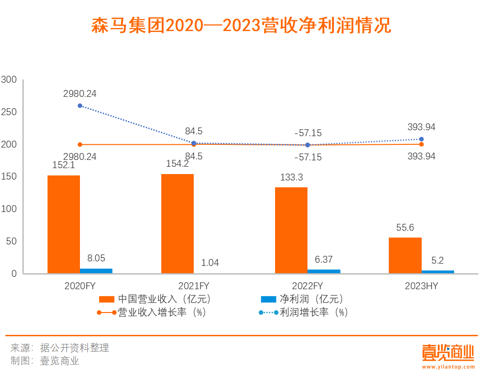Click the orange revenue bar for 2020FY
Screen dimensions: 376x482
64,224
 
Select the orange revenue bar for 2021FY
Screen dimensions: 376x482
177,224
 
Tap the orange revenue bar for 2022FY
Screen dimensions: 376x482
291,230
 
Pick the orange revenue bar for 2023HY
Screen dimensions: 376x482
405,255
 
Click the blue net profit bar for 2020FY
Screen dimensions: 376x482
96,271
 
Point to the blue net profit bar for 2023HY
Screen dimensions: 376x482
438,272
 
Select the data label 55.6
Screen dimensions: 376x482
405,228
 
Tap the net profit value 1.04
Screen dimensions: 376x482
210,263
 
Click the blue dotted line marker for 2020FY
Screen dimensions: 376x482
80,106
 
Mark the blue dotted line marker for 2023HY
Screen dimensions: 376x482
421,139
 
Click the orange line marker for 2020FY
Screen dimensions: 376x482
80,144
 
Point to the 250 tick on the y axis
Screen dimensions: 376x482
9,112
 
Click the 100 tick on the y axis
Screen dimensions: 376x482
9,209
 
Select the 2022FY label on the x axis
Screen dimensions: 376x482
307,286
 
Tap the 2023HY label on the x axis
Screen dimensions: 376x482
421,286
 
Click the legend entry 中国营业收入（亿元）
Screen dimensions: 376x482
155,299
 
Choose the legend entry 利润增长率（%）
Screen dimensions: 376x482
303,312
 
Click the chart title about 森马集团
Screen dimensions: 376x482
241,26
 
